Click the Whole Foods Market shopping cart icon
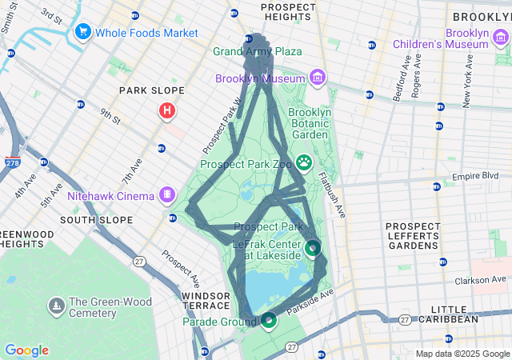click(x=82, y=32)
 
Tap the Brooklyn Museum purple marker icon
click(x=318, y=78)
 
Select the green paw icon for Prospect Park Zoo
click(x=305, y=163)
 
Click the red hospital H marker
click(x=166, y=110)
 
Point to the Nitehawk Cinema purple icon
click(x=167, y=194)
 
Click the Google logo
click(x=26, y=350)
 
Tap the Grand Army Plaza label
click(x=257, y=52)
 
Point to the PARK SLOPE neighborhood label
click(x=152, y=91)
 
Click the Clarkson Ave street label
click(x=483, y=280)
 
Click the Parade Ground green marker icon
click(x=268, y=321)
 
